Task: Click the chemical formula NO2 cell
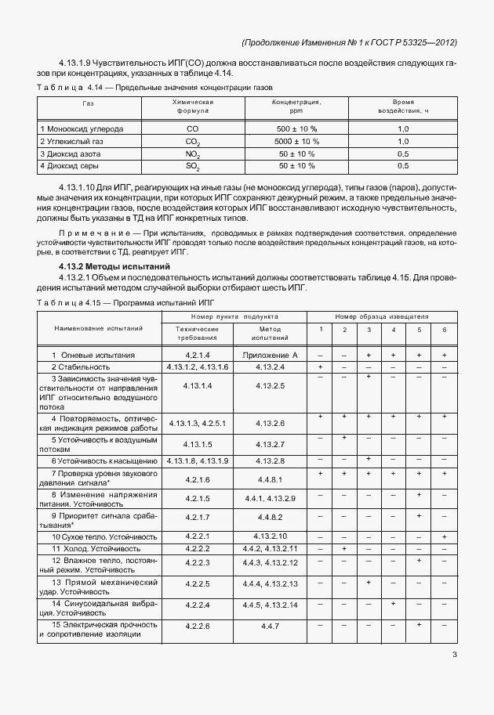[192, 155]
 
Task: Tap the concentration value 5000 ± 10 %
[296, 142]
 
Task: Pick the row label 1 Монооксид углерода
[82, 128]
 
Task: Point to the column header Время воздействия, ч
[403, 107]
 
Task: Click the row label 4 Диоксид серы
[72, 167]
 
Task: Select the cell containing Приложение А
[271, 355]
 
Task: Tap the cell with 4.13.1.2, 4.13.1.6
[197, 367]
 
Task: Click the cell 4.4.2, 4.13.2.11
[271, 548]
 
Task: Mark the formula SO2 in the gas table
[192, 167]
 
